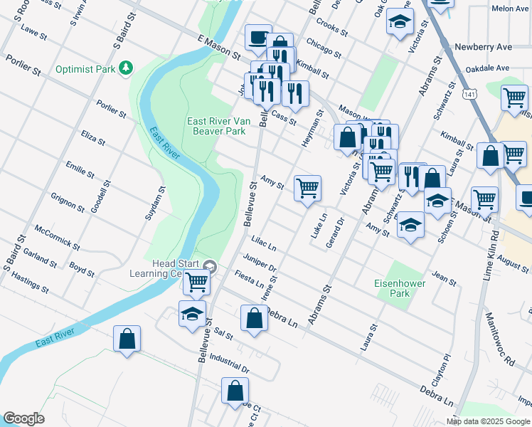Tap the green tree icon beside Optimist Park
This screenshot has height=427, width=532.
pos(127,68)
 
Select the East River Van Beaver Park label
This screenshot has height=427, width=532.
pos(216,126)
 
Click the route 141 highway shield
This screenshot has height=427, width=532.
pos(468,94)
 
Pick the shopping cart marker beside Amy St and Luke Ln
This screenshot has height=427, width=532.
pos(307,189)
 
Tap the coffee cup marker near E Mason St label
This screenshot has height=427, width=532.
pos(257,37)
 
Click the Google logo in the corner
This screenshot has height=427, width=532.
pos(23,418)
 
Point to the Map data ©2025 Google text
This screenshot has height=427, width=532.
pos(489,421)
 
